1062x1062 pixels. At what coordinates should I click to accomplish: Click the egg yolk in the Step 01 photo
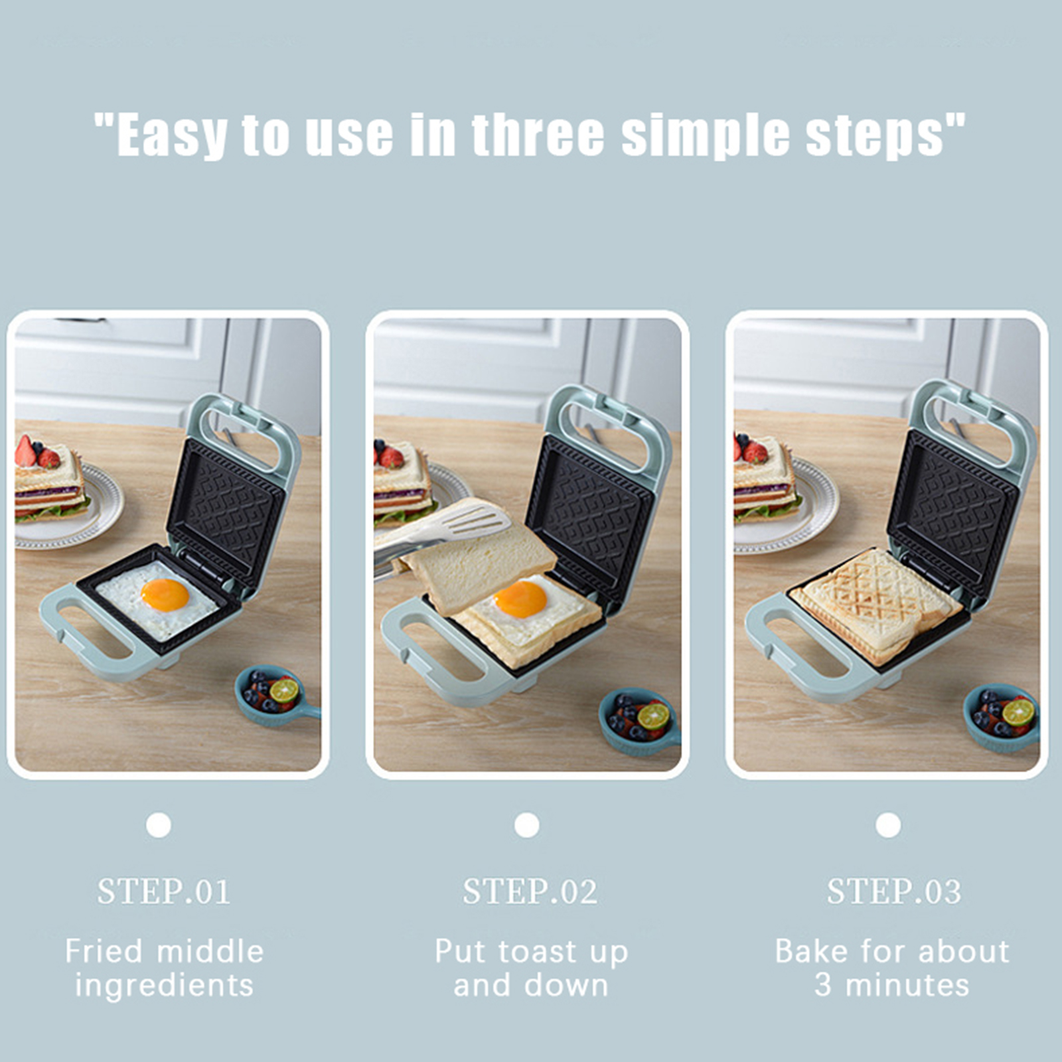point(165,595)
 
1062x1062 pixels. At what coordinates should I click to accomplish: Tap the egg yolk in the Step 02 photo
point(520,599)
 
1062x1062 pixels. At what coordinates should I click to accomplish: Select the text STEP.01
point(164,891)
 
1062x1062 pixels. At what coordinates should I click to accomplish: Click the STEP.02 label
point(530,891)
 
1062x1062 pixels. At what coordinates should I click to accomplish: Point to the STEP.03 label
point(893,891)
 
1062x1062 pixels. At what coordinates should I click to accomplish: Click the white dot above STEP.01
point(159,825)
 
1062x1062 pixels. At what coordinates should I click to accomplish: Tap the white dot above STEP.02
point(526,825)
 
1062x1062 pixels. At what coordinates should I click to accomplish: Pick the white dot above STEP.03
point(888,825)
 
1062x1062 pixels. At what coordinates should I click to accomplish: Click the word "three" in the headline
point(538,135)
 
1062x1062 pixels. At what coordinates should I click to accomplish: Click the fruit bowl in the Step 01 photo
point(273,696)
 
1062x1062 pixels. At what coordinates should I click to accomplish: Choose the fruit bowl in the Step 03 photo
point(1002,716)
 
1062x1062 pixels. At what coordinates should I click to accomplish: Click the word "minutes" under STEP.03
point(907,985)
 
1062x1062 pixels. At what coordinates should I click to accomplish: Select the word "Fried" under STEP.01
point(104,951)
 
